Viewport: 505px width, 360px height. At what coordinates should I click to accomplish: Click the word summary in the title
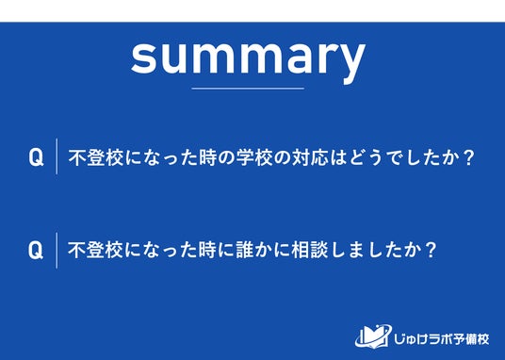tap(248, 58)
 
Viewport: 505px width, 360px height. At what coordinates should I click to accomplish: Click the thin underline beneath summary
tap(248, 88)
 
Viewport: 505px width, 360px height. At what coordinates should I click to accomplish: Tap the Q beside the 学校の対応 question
tap(36, 157)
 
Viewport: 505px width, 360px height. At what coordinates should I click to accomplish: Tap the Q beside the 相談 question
tap(36, 250)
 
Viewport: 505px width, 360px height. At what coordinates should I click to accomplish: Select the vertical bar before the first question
tap(57, 156)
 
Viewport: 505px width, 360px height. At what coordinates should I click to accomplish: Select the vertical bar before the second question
tap(57, 251)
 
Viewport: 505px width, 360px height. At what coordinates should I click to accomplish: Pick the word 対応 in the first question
tap(311, 157)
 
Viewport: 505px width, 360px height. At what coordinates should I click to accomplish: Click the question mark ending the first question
tap(468, 157)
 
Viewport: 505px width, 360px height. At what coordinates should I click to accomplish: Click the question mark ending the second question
tap(431, 251)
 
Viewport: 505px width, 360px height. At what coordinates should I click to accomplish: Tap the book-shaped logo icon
tap(373, 335)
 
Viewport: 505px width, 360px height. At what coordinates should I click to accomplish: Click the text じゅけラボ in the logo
tap(425, 339)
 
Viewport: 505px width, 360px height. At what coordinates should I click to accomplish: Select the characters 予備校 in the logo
tap(473, 339)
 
